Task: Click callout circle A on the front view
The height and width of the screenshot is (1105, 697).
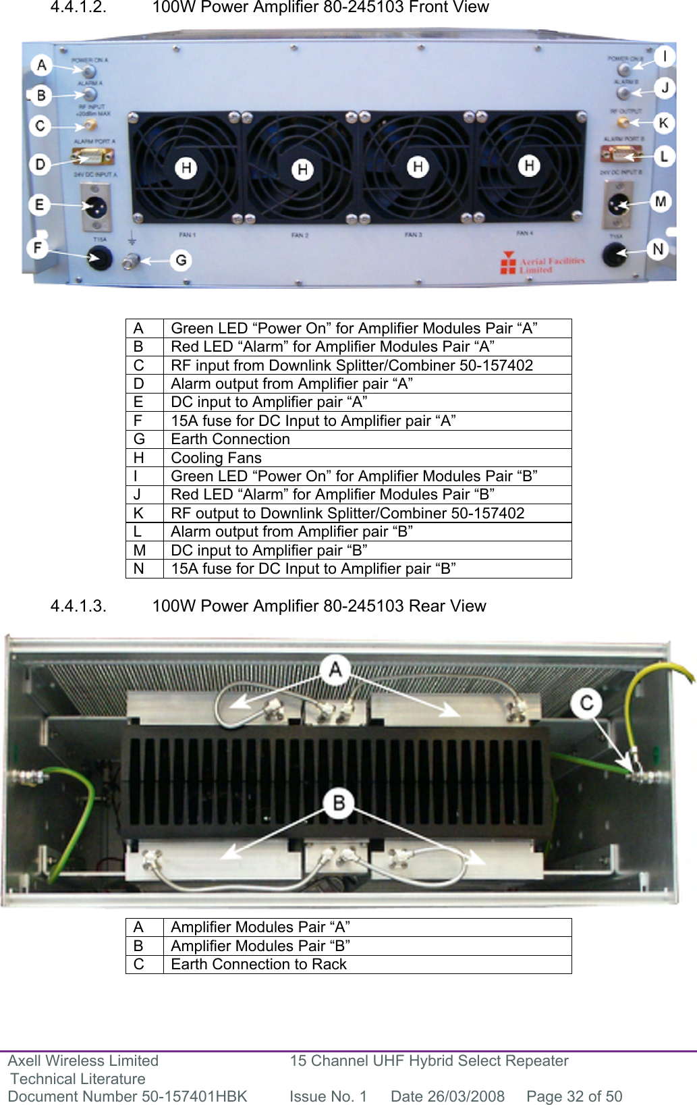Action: coord(41,65)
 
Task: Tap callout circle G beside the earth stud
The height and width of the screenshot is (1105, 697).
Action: coord(180,260)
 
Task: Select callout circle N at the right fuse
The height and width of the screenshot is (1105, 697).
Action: coord(658,249)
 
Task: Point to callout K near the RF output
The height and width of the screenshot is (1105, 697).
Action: coord(663,123)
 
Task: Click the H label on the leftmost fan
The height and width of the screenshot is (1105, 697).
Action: coord(186,167)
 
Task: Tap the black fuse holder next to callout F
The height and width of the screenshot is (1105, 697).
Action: coord(100,257)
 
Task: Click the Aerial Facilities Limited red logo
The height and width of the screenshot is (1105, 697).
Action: coord(507,263)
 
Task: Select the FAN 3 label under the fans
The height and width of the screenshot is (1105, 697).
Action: coord(413,235)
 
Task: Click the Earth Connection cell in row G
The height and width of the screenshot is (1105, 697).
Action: coord(230,439)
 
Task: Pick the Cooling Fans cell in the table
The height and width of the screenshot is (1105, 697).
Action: coord(216,458)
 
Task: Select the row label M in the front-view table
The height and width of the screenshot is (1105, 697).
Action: coord(140,550)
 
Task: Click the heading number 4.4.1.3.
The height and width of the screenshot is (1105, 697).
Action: coord(78,605)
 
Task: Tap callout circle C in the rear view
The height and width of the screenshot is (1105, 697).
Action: coord(586,703)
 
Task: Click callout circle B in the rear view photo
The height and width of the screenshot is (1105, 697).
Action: coord(339,803)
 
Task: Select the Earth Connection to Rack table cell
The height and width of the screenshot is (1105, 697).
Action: coord(258,964)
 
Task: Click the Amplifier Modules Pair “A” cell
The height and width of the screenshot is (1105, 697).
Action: coord(260,927)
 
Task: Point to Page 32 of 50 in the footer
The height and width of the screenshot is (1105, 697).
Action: coord(574,1096)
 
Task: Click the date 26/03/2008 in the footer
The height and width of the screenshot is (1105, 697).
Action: coord(447,1096)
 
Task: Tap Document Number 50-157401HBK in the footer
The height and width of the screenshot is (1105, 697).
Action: coord(128,1096)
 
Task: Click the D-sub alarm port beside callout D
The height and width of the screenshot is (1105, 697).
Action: coord(93,159)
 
